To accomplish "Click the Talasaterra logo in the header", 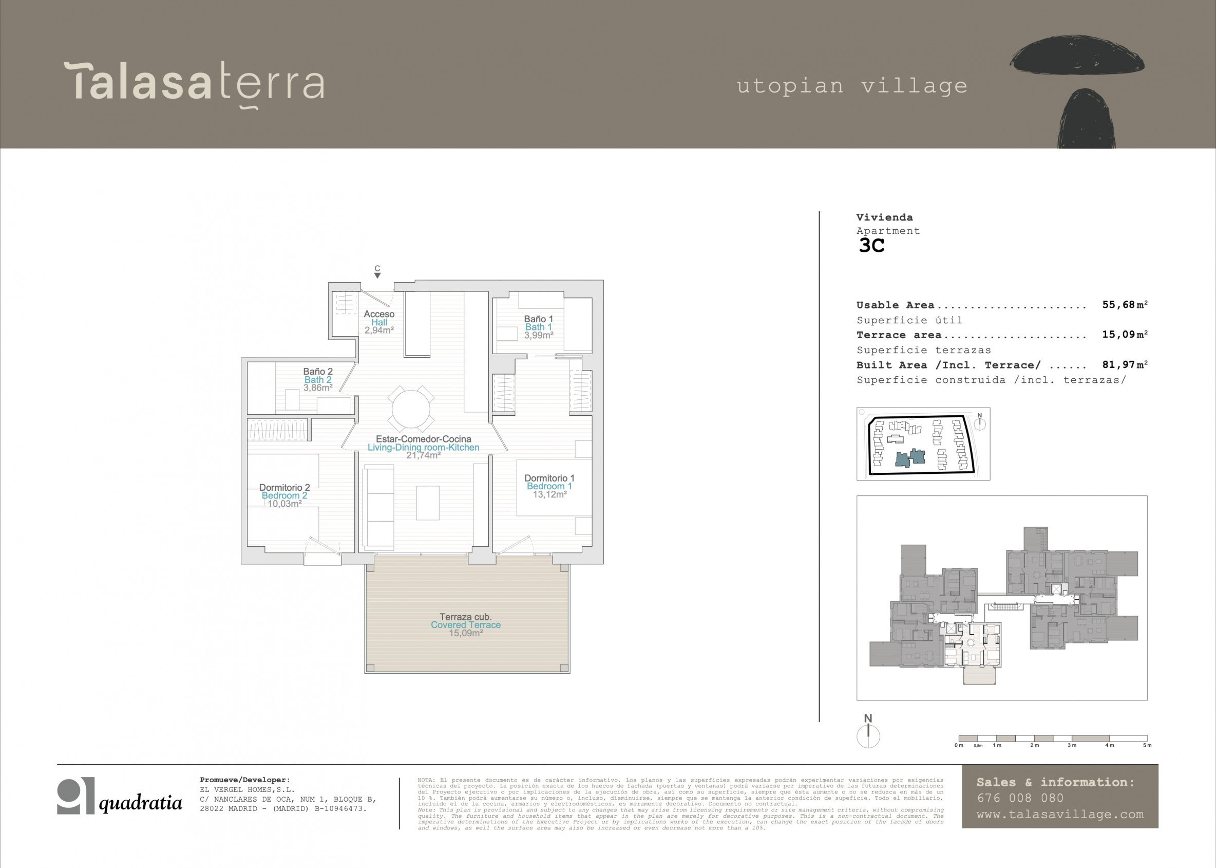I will pyautogui.click(x=194, y=84).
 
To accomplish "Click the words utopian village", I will pyautogui.click(x=852, y=86).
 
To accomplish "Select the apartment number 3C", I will pyautogui.click(x=871, y=245).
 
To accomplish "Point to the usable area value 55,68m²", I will pyautogui.click(x=1124, y=305).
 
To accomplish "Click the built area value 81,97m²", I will pyautogui.click(x=1124, y=364).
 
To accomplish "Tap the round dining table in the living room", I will pyautogui.click(x=411, y=410).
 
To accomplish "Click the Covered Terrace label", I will pyautogui.click(x=466, y=625).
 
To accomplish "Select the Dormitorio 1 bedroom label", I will pyautogui.click(x=549, y=478).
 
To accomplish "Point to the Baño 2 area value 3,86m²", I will pyautogui.click(x=318, y=388).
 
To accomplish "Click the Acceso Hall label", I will pyautogui.click(x=379, y=318).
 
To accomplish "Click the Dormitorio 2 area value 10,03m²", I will pyautogui.click(x=284, y=504).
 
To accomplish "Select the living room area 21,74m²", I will pyautogui.click(x=423, y=456).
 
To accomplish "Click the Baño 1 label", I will pyautogui.click(x=538, y=319).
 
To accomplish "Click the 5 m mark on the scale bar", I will pyautogui.click(x=1147, y=745).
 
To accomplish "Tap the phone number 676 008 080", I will pyautogui.click(x=1020, y=798).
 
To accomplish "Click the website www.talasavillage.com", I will pyautogui.click(x=1060, y=815).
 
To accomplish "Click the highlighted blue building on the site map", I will pyautogui.click(x=910, y=457).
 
